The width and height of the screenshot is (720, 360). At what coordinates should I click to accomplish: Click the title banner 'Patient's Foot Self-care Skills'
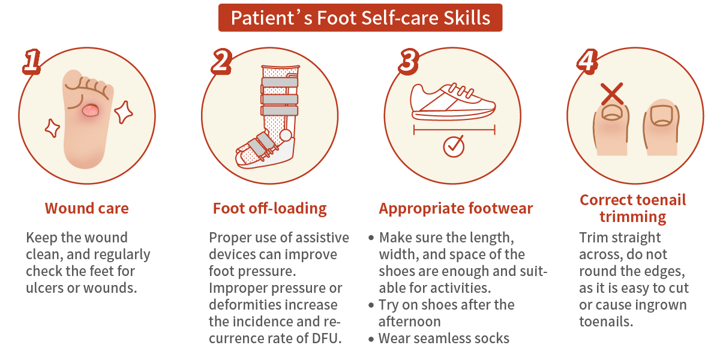[360, 17]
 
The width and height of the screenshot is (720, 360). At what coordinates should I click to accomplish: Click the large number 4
[587, 61]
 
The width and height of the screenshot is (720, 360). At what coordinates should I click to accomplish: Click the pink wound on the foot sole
[91, 110]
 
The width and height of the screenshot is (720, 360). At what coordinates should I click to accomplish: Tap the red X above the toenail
[612, 94]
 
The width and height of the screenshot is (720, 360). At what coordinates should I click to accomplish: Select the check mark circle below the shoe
[454, 146]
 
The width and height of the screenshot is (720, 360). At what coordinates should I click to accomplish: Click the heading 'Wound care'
[87, 209]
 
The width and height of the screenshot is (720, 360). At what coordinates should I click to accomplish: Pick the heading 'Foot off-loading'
[270, 209]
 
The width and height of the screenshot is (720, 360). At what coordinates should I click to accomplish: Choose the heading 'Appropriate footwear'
[456, 209]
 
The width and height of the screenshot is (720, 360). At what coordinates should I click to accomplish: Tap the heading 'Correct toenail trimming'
[633, 208]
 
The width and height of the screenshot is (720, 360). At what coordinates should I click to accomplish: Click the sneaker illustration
[454, 102]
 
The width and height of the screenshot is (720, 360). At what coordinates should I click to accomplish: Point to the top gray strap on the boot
[280, 82]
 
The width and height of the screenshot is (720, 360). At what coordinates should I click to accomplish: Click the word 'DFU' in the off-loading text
[325, 338]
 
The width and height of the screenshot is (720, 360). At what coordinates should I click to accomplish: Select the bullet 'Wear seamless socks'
[444, 338]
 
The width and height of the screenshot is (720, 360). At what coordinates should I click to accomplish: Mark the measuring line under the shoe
[454, 128]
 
